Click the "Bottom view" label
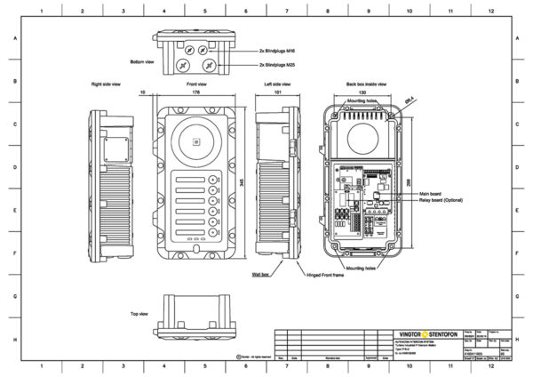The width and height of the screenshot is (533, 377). pos(143,61)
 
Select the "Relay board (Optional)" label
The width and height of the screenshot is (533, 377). pos(442,202)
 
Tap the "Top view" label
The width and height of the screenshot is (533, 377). pos(139,314)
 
